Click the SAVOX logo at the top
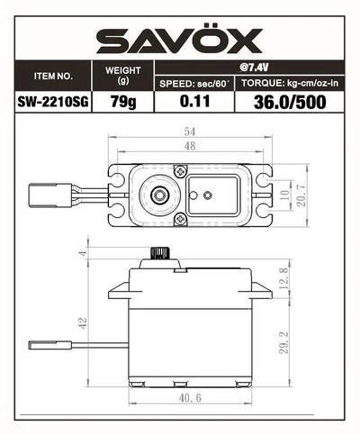[180, 40]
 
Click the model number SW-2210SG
[53, 103]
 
